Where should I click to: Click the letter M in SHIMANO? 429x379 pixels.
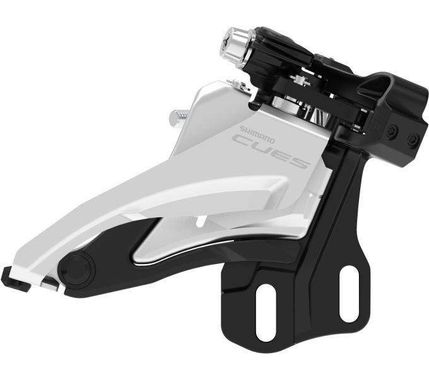click(x=257, y=134)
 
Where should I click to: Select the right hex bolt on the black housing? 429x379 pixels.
click(x=413, y=140)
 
